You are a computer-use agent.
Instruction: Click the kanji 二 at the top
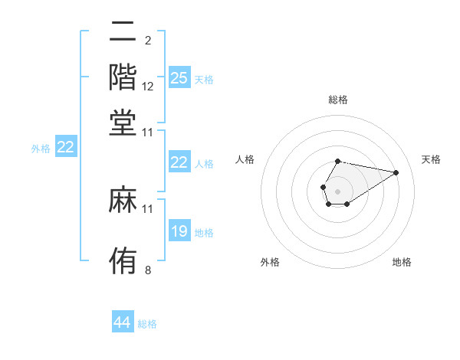(x=123, y=31)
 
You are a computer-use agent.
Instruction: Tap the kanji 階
(x=123, y=77)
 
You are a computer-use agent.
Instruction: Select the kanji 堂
(x=123, y=123)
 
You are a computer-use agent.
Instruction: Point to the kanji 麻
(x=123, y=200)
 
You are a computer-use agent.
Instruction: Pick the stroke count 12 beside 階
(x=148, y=87)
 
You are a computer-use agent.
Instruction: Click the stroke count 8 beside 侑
(x=147, y=270)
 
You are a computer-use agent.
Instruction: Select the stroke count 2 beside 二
(x=147, y=40)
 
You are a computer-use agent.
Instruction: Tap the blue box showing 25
(x=179, y=78)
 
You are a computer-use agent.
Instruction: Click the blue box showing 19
(x=179, y=231)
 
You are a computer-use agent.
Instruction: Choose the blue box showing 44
(x=122, y=322)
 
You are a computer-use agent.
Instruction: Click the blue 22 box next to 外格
(x=65, y=148)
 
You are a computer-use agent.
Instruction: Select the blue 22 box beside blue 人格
(x=179, y=162)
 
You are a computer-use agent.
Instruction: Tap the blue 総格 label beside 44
(x=147, y=324)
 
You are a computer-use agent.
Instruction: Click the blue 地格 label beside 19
(x=204, y=233)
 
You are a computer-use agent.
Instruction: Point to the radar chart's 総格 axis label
(x=337, y=100)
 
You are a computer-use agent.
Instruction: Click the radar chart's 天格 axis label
(x=431, y=159)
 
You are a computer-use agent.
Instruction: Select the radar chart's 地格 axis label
(x=402, y=262)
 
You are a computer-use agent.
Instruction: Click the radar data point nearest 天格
(x=396, y=172)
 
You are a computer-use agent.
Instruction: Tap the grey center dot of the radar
(x=337, y=190)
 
